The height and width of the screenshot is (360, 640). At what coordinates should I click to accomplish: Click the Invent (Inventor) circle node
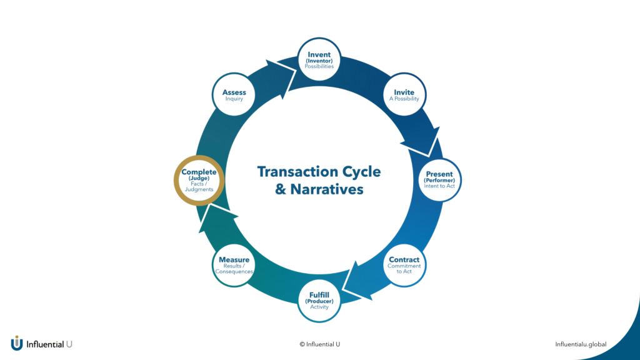click(x=319, y=60)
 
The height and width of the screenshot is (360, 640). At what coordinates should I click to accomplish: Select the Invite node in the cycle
click(x=404, y=95)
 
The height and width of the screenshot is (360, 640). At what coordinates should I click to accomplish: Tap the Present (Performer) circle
click(x=439, y=179)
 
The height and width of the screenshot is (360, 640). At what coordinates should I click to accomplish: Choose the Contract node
click(x=404, y=264)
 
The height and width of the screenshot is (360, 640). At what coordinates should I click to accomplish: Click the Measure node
click(x=234, y=264)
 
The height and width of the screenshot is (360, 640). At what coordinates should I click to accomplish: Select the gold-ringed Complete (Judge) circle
click(x=199, y=180)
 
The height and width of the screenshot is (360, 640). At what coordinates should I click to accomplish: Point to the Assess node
click(x=234, y=95)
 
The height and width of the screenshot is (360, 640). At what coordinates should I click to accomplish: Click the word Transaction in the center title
click(x=296, y=171)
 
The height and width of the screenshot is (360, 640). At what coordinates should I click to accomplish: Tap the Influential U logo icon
click(x=17, y=343)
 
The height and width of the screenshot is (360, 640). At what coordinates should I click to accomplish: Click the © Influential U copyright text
click(x=319, y=344)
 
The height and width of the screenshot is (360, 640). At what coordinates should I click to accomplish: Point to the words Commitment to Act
click(x=404, y=269)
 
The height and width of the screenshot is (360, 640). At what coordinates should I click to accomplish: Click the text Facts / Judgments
click(x=199, y=186)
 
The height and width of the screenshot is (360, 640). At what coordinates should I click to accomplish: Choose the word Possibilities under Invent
click(x=319, y=66)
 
